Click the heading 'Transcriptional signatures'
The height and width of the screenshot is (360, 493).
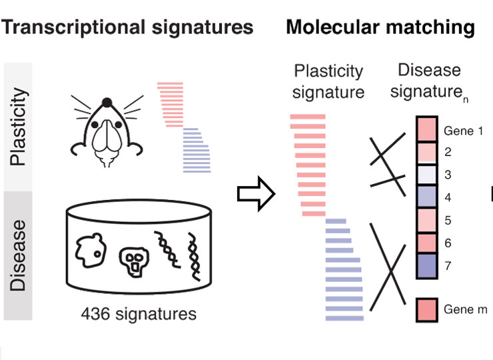(x=128, y=27)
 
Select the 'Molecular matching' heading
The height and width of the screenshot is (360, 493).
(x=380, y=27)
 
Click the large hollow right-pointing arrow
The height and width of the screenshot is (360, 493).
(x=256, y=194)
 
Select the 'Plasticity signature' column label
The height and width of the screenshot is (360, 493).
(x=330, y=81)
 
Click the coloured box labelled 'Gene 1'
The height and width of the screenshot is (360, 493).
(x=426, y=129)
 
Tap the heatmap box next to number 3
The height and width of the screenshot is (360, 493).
(x=426, y=174)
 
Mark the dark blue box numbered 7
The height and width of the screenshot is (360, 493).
(x=426, y=265)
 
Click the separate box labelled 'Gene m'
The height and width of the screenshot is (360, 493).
(x=426, y=309)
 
